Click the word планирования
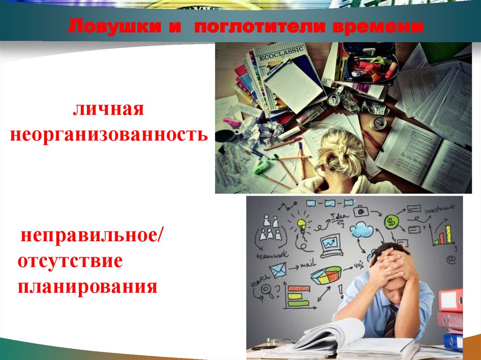point(87,285)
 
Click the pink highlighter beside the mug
point(231,123)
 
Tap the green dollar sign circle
point(391,222)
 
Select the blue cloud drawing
point(361,229)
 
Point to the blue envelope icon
point(277,270)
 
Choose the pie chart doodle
point(326,274)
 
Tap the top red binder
point(450,300)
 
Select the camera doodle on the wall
point(361,211)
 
